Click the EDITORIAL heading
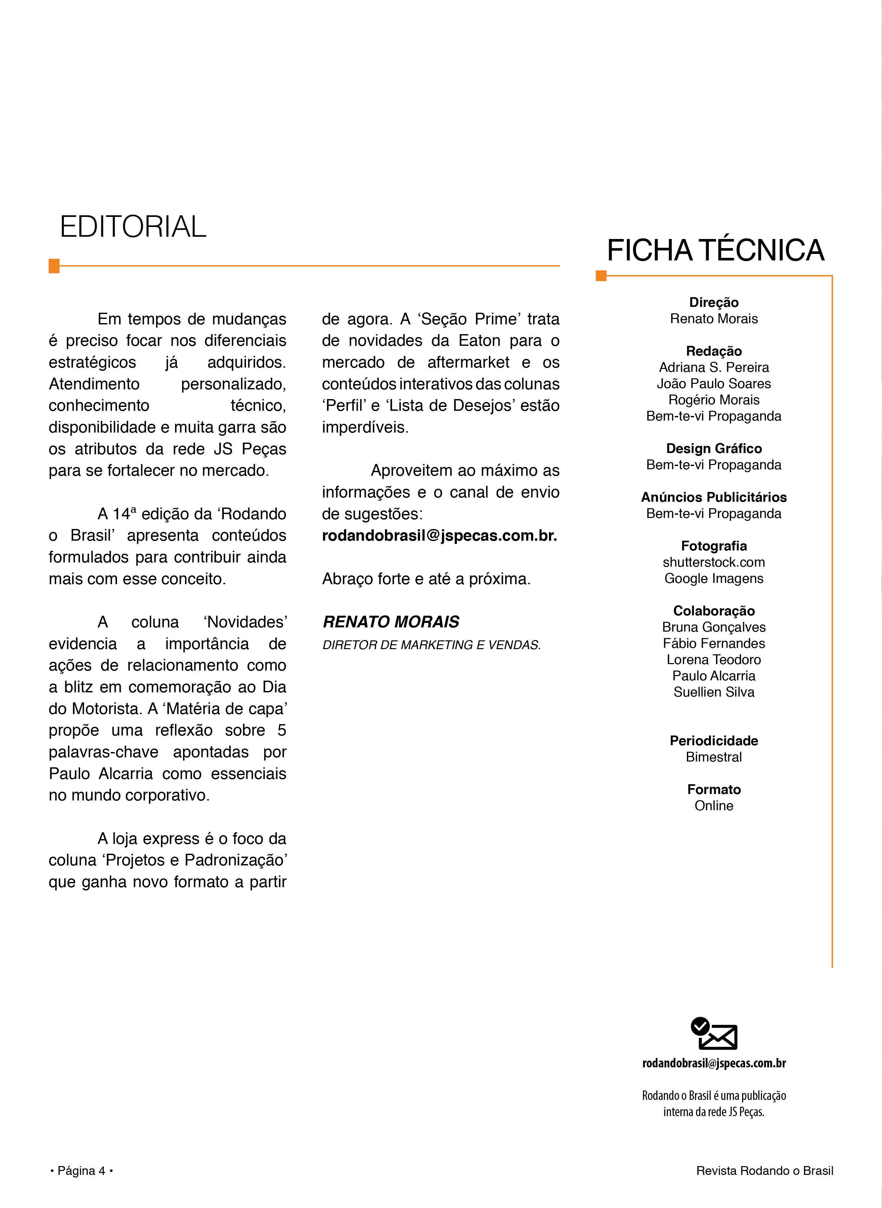[133, 227]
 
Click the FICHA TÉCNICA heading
[715, 250]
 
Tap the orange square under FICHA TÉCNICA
[601, 276]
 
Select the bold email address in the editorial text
[440, 535]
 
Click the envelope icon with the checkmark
[714, 1034]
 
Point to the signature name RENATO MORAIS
[391, 622]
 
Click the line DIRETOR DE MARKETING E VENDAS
[431, 645]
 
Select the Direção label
[714, 302]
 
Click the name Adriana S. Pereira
[714, 367]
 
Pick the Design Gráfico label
[714, 448]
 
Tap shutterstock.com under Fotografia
[714, 562]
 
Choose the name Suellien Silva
[714, 692]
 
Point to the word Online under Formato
[714, 806]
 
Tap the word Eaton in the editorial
[479, 341]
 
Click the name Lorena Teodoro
[714, 660]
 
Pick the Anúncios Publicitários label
[714, 497]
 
